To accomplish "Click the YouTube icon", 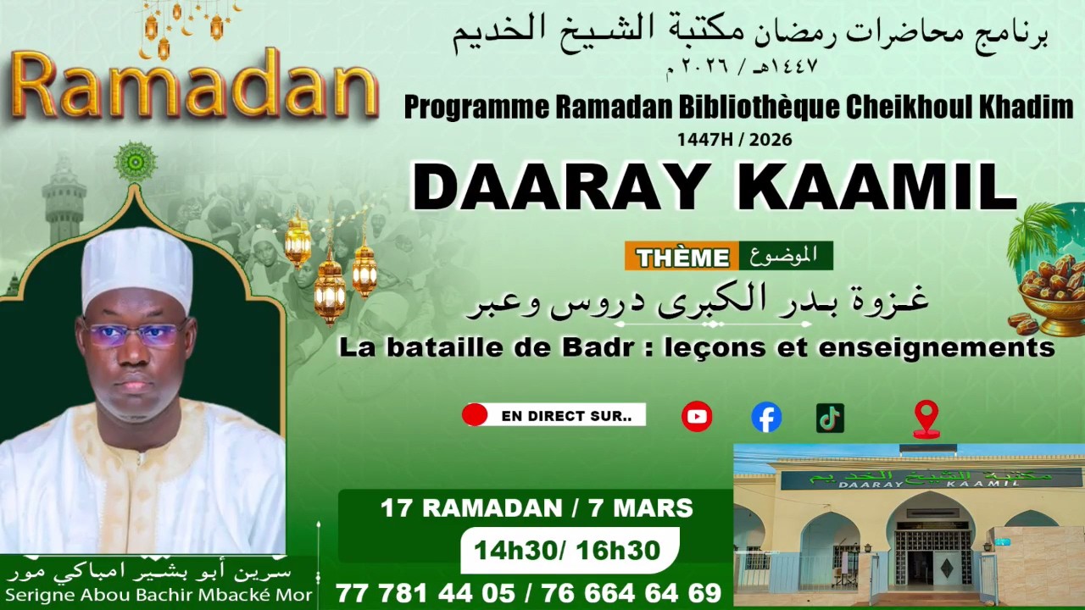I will pos(697,416).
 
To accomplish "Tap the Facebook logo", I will pos(766,417).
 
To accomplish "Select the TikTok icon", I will pos(830,417).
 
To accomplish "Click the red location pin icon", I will pos(926,418).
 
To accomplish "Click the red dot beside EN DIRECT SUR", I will pos(475,415).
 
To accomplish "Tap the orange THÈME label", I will pos(682,257).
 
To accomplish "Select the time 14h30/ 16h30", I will pos(567,551).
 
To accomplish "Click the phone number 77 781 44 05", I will pos(423,593).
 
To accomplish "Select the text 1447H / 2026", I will pos(734,140).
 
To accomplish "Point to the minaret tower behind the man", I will pos(64,199).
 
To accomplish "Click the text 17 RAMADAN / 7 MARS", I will pos(537,508).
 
